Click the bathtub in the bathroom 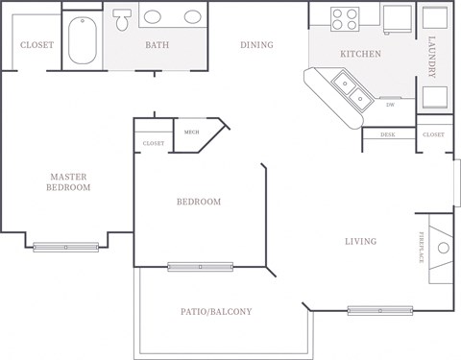pyautogui.click(x=84, y=37)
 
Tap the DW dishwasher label pyautogui.click(x=390, y=105)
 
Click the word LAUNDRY pyautogui.click(x=433, y=57)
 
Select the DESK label pyautogui.click(x=387, y=135)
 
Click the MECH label pyautogui.click(x=191, y=132)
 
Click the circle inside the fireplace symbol pyautogui.click(x=443, y=248)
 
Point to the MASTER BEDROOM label pyautogui.click(x=68, y=181)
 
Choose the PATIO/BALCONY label pyautogui.click(x=216, y=311)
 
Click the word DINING pyautogui.click(x=256, y=45)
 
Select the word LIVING pyautogui.click(x=361, y=241)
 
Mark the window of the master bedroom pyautogui.click(x=65, y=247)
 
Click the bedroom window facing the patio pyautogui.click(x=200, y=267)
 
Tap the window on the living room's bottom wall pyautogui.click(x=380, y=309)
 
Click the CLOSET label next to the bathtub pyautogui.click(x=36, y=44)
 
